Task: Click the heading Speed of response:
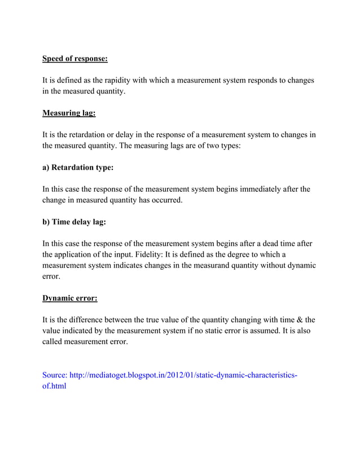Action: point(75,59)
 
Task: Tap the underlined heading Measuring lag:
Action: point(69,113)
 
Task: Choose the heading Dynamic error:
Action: point(70,298)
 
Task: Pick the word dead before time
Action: point(262,244)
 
